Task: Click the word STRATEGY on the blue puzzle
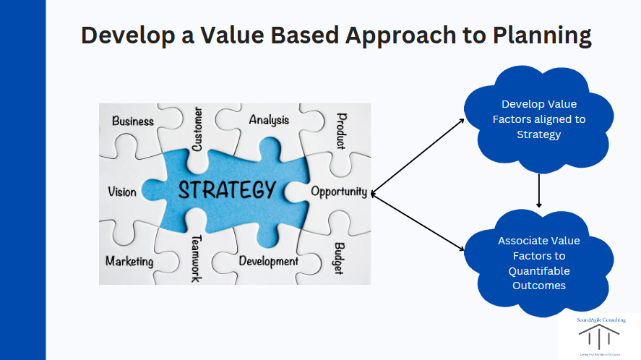226,190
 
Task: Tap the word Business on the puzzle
133,121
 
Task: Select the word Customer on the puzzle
197,129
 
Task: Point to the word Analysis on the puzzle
269,120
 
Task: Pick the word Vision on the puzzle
121,192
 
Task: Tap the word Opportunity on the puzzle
339,192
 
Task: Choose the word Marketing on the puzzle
129,261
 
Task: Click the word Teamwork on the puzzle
196,258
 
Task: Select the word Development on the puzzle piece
268,260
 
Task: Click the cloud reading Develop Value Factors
539,119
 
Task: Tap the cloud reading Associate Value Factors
539,263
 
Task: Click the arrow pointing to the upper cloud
417,155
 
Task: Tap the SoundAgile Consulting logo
599,336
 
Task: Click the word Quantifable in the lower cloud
539,270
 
